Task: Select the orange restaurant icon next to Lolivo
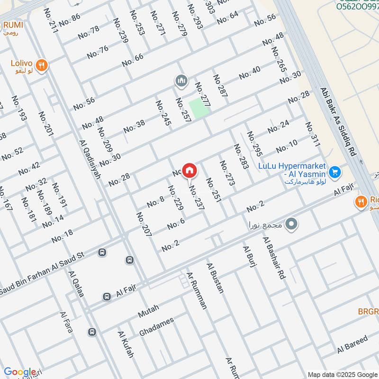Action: pos(42,66)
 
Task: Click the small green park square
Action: pos(199,108)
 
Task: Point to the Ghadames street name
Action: pos(156,327)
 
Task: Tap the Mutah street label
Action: pos(148,311)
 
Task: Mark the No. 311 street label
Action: pos(313,134)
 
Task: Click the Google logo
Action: pos(19,372)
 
